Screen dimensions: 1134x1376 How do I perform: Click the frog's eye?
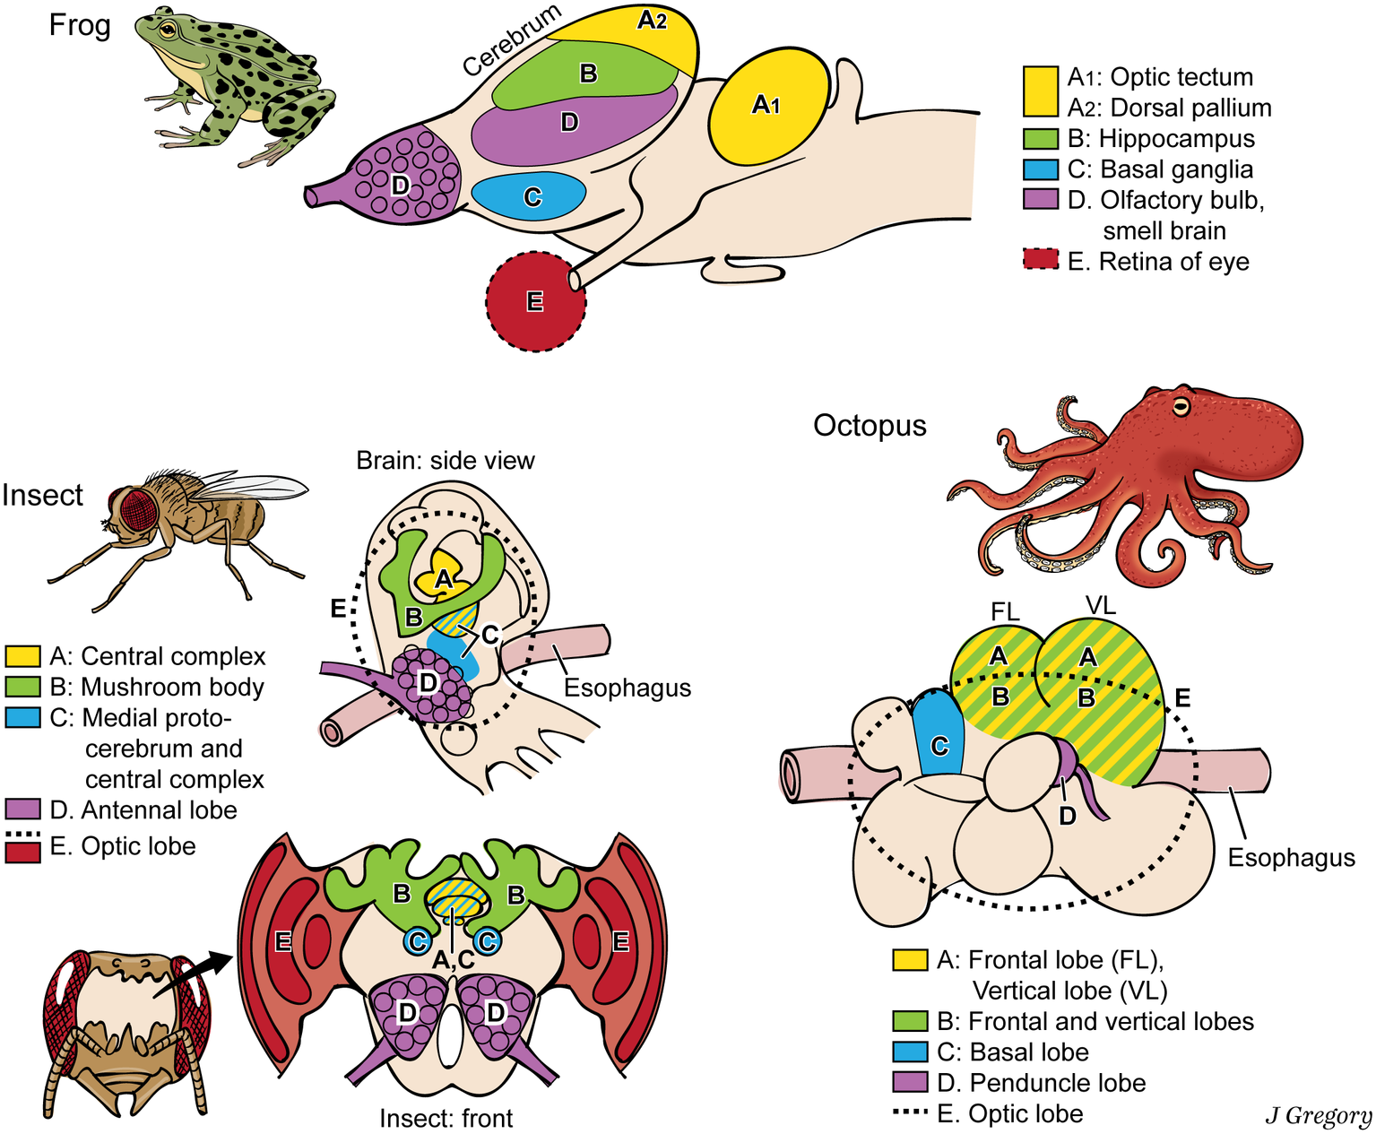(x=168, y=29)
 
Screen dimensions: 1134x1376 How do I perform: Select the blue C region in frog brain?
(x=529, y=195)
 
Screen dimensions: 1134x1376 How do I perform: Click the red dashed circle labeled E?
(x=535, y=302)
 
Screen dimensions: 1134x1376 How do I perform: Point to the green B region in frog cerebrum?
(x=587, y=74)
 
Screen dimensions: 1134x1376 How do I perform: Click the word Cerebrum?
(x=512, y=40)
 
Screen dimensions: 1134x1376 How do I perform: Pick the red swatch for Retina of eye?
(x=1040, y=261)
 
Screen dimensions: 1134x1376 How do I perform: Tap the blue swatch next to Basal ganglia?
(x=1040, y=169)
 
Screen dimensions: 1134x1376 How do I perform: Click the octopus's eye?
(x=1182, y=407)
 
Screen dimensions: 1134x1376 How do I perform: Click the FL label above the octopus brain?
(x=1005, y=611)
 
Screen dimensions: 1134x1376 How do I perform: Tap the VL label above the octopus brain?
(x=1100, y=606)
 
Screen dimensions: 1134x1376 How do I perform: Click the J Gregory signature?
(x=1318, y=1115)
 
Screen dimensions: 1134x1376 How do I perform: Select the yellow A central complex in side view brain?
(x=442, y=577)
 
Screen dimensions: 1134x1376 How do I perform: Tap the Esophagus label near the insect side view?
(x=627, y=688)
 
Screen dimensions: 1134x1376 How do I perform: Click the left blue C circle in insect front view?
(x=417, y=940)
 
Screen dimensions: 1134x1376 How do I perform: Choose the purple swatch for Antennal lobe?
(x=22, y=809)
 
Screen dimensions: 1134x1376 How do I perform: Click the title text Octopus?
(x=869, y=425)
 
